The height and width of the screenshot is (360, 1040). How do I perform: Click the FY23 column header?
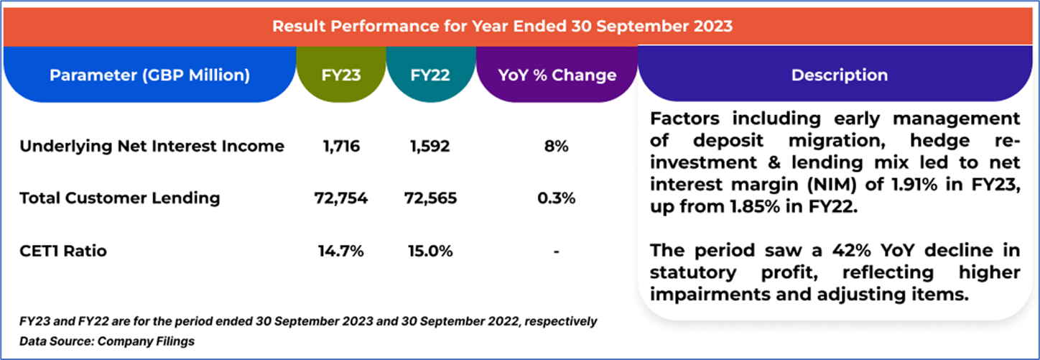[341, 75]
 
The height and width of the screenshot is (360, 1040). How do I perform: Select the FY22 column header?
[431, 75]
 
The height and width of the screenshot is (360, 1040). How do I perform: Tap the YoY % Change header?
[557, 75]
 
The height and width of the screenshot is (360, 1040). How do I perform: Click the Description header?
[839, 75]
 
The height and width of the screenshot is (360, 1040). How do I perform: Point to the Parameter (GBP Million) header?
[149, 75]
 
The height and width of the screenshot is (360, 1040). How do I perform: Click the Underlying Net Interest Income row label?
[152, 147]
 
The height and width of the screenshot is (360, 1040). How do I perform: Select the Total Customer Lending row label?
[119, 198]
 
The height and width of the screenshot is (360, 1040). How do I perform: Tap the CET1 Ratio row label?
[64, 251]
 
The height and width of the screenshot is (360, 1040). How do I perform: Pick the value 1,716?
[342, 147]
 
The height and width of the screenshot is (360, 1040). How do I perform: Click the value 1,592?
[431, 147]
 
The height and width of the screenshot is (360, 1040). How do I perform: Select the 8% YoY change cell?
[557, 147]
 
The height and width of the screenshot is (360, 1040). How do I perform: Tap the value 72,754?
[342, 198]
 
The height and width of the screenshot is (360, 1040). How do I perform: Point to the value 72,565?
[431, 198]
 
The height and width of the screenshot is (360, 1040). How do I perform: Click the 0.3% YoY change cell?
[557, 198]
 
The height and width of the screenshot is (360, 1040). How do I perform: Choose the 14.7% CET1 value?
[342, 251]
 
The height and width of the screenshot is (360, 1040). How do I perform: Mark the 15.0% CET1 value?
[431, 251]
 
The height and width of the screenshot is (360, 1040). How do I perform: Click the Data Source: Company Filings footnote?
[107, 341]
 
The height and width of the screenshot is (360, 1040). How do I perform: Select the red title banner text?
[502, 27]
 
